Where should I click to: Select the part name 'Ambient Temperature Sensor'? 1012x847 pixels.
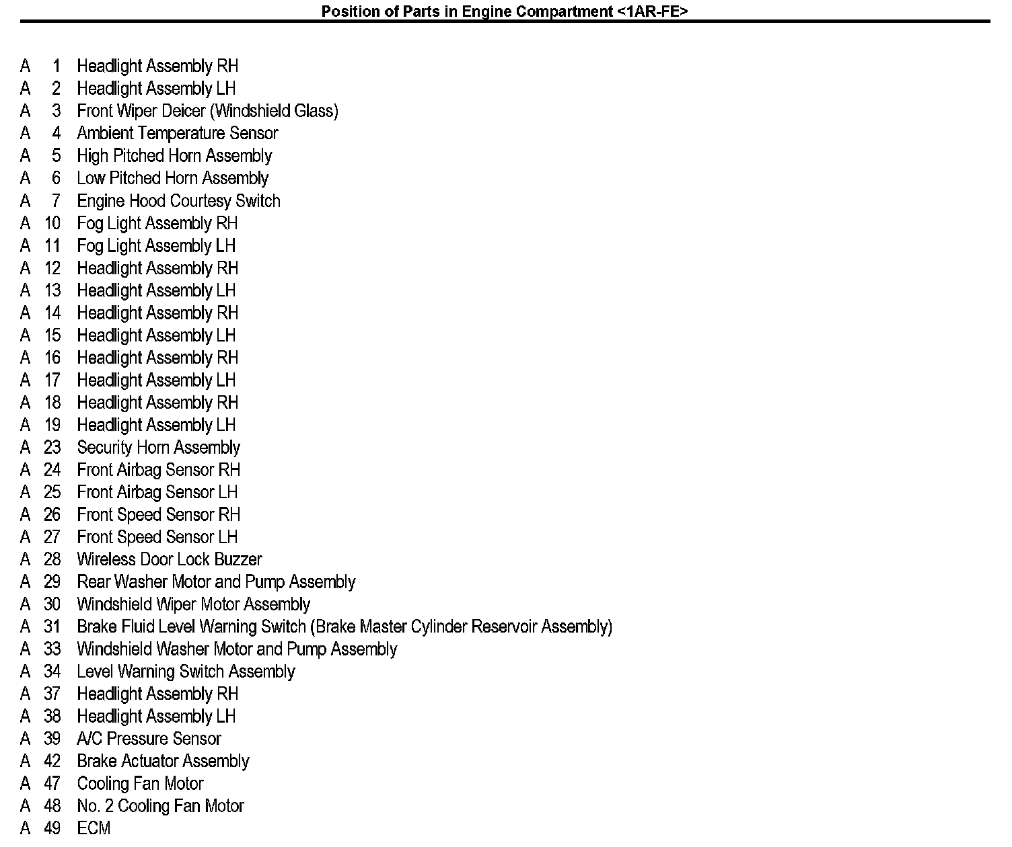point(177,133)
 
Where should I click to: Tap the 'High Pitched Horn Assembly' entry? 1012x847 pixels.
point(174,156)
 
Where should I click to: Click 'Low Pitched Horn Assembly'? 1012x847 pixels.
point(172,178)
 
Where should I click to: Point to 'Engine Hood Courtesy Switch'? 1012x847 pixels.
point(178,201)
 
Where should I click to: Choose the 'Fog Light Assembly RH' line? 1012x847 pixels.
point(157,223)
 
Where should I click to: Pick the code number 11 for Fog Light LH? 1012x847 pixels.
point(52,246)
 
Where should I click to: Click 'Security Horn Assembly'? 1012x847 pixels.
point(158,448)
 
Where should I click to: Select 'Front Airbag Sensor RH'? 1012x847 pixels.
point(158,470)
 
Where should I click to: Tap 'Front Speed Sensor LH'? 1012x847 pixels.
point(157,537)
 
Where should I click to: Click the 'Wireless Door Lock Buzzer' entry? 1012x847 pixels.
point(169,559)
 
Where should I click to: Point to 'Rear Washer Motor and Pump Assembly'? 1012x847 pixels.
point(216,582)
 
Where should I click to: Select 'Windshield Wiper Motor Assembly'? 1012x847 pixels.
point(193,604)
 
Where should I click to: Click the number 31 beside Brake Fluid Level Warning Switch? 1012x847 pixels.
point(52,627)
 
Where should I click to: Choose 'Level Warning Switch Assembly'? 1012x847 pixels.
point(186,672)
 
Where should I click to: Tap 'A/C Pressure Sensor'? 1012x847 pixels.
point(149,739)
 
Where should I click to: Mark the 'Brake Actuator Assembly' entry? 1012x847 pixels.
point(163,761)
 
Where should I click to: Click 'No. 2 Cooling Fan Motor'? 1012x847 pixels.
point(160,806)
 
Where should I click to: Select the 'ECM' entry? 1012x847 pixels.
point(94,828)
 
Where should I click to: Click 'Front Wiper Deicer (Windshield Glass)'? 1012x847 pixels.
point(207,111)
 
